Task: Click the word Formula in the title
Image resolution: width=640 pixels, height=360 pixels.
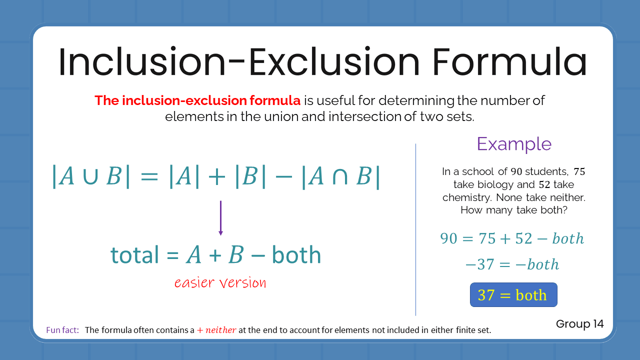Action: coord(509,62)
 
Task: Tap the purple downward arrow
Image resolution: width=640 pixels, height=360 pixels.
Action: coord(220,218)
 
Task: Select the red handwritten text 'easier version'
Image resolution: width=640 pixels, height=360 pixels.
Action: coord(220,283)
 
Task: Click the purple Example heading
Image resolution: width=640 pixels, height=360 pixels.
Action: coord(514,144)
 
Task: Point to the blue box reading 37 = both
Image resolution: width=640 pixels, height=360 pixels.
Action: coord(513,295)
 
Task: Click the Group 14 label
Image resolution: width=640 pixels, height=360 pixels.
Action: coord(579,324)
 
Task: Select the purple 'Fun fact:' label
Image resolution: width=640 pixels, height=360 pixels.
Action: coord(62,330)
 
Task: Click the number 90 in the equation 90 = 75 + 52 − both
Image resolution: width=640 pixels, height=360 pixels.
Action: coord(449,239)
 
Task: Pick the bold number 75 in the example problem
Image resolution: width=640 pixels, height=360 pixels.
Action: coord(579,171)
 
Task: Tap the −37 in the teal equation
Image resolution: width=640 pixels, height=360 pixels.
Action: coord(479,264)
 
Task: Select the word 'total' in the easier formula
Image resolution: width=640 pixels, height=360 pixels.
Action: coord(134,255)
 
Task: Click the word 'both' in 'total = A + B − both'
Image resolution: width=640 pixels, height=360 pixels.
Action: coord(296,255)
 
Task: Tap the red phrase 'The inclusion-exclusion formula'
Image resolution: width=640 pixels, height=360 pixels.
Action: coord(197,100)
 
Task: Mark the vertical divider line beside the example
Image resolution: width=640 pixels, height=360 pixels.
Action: coord(416,230)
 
